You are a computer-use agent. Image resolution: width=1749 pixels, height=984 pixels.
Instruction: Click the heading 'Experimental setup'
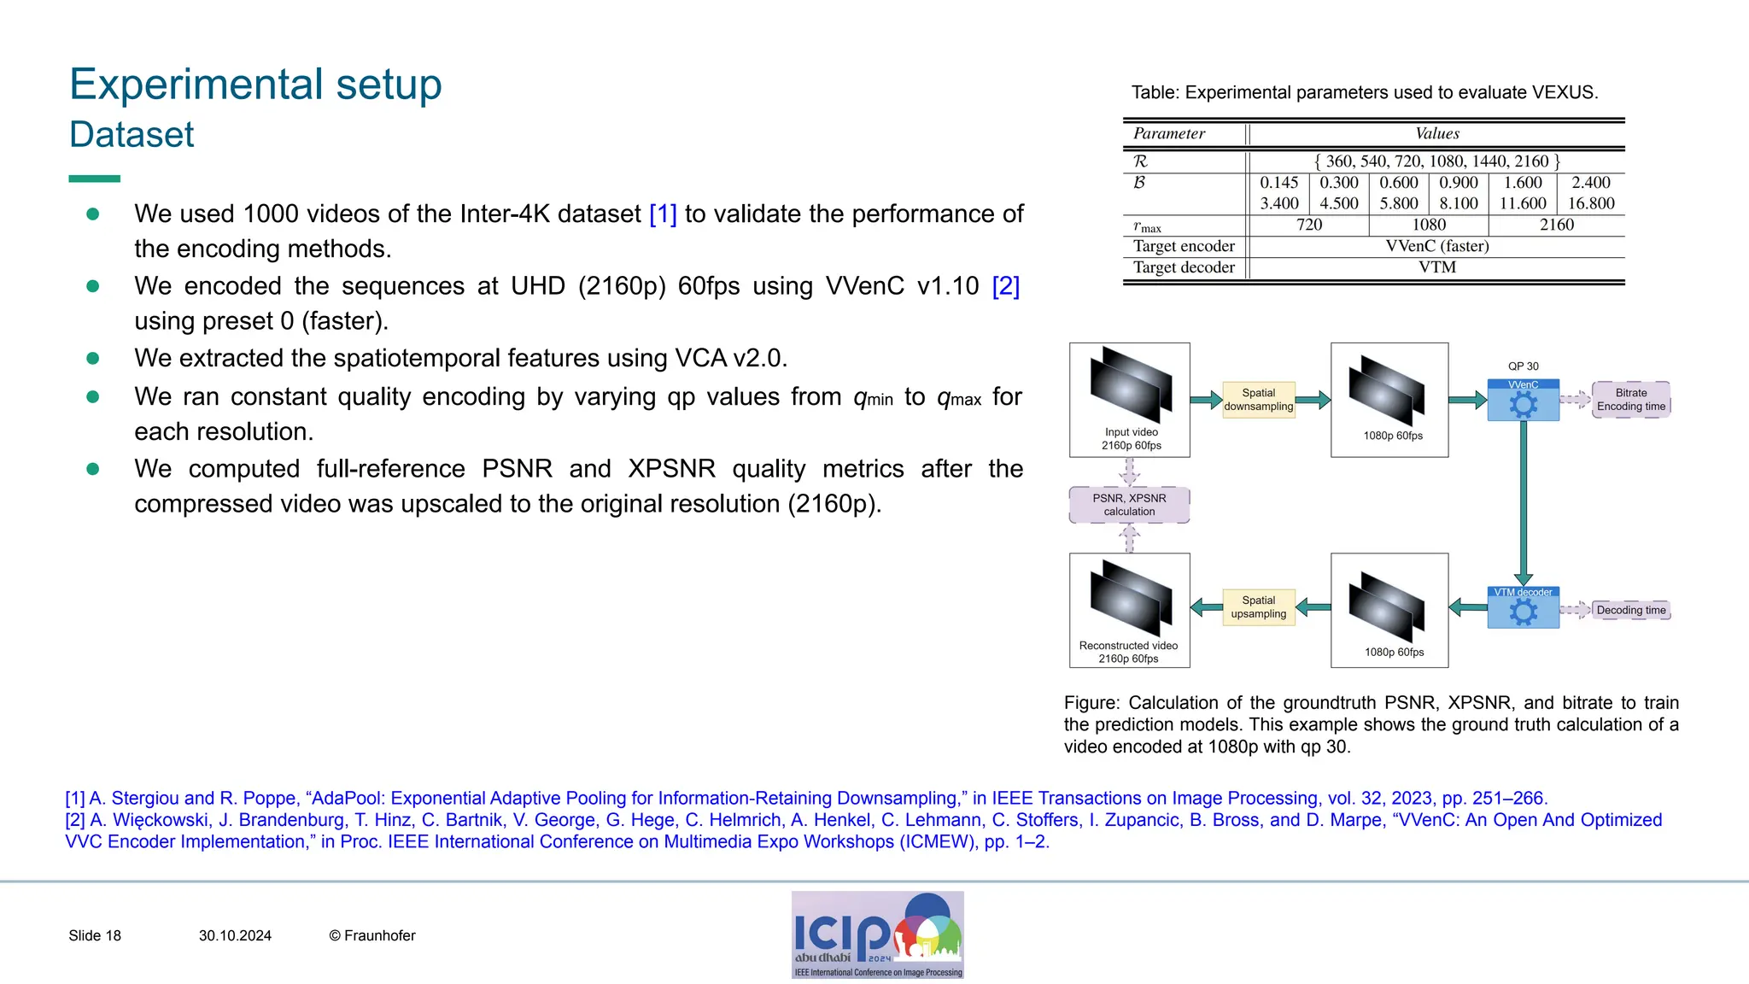click(255, 85)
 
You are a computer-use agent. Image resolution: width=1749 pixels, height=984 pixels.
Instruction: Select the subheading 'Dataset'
click(132, 135)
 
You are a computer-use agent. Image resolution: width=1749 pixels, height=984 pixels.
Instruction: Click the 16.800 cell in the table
click(1590, 203)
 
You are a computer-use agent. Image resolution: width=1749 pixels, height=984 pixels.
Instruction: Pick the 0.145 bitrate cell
click(1278, 182)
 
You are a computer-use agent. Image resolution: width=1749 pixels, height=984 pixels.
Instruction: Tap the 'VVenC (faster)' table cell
click(1436, 246)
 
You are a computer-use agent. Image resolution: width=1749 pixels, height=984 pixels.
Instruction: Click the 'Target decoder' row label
click(1183, 267)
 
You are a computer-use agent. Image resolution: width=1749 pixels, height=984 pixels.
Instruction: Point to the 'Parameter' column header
click(1168, 133)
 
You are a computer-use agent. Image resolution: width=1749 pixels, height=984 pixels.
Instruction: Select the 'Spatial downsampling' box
click(1258, 400)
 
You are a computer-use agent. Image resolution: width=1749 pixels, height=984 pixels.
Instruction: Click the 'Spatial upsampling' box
click(1258, 607)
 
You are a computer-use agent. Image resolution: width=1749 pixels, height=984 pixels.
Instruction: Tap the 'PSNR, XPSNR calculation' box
click(1129, 505)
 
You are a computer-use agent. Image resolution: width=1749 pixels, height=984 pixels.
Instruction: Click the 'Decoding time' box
click(1630, 610)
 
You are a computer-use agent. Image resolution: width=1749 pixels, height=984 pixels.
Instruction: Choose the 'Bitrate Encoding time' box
click(1630, 400)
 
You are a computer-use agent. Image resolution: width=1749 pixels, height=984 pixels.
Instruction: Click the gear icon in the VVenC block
click(1523, 405)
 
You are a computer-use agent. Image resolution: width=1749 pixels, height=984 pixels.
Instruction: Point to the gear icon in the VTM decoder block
click(1523, 612)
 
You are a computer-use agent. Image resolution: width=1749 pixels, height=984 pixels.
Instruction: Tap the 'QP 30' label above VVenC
click(1523, 366)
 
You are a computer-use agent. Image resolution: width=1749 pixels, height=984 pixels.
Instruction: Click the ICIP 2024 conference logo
click(877, 934)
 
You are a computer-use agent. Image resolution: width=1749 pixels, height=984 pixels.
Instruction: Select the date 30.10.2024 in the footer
click(235, 935)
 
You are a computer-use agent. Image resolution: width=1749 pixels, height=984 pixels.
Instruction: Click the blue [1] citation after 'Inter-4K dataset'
click(663, 214)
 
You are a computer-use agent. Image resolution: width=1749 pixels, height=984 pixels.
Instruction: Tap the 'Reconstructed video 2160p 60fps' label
click(1128, 652)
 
